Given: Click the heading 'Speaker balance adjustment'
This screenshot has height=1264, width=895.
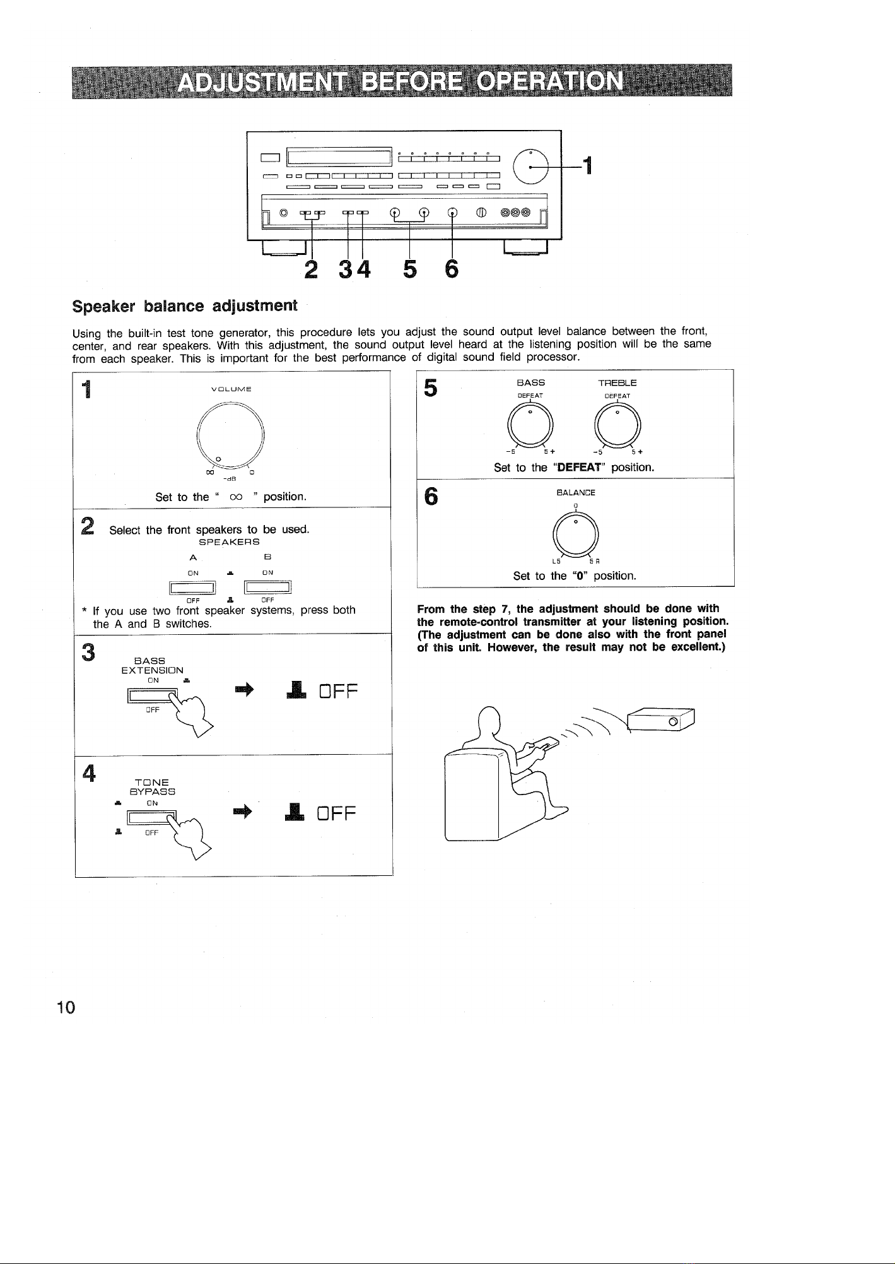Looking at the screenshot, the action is coord(185,307).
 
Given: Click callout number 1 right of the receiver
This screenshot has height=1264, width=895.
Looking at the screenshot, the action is coord(587,166).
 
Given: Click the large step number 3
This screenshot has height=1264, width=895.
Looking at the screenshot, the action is coord(88,652).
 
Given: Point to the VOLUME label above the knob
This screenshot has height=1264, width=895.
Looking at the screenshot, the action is coord(231,388).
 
